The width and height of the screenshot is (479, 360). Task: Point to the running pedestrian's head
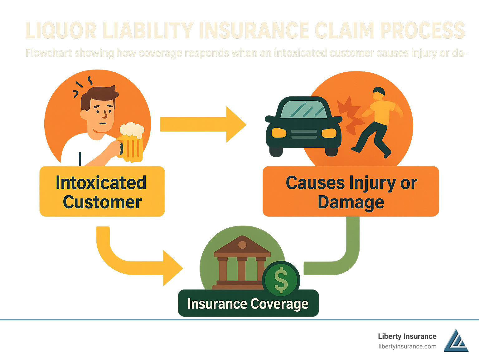click(x=379, y=93)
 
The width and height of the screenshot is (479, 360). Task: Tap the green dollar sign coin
click(x=281, y=280)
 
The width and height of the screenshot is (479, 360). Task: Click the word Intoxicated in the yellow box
click(x=101, y=183)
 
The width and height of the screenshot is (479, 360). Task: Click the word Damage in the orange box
click(x=351, y=202)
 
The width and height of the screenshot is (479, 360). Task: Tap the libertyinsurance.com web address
click(x=407, y=346)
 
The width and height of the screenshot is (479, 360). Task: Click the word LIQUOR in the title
click(x=61, y=31)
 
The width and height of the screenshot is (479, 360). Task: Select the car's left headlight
click(x=278, y=133)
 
